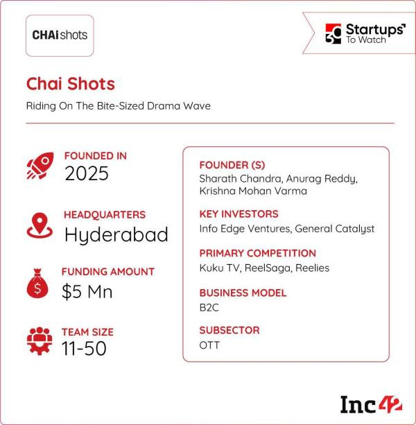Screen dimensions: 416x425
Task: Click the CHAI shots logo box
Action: pos(60,35)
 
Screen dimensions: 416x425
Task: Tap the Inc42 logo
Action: pos(371,405)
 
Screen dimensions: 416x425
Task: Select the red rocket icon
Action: pos(40,166)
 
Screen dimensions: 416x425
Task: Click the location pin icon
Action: pos(40,225)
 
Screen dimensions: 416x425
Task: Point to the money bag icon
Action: pos(37,284)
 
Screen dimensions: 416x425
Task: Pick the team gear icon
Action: pos(40,341)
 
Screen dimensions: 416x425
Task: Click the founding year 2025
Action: pos(87,173)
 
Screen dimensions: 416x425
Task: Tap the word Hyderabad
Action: pos(116,235)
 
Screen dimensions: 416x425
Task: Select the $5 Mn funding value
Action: pos(87,292)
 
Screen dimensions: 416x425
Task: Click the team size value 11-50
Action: pos(84,348)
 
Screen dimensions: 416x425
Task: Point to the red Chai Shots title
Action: pos(71,83)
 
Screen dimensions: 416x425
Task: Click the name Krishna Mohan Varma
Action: pos(253,191)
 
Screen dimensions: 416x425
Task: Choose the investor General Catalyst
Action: pos(335,229)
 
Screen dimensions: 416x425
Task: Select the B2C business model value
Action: pos(209,308)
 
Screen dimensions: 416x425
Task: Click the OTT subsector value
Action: pos(209,345)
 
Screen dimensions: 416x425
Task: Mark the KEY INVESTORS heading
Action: pos(239,214)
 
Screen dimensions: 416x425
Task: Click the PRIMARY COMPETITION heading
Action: pos(258,253)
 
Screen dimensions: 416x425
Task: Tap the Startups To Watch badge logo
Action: pos(365,33)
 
